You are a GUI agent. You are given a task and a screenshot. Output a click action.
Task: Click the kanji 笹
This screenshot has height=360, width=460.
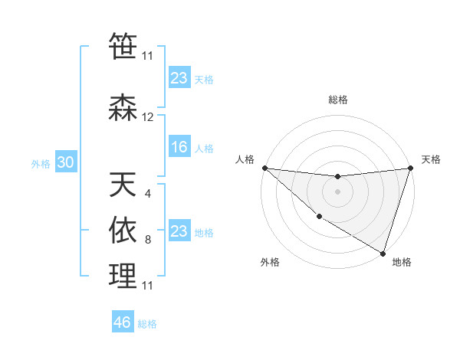point(123,45)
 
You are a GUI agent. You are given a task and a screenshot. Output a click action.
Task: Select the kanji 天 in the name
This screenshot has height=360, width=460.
point(123,184)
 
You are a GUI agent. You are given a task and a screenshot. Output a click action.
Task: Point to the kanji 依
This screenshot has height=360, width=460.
point(123,230)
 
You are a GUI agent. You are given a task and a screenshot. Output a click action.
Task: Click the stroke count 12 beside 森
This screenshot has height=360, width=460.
point(148,117)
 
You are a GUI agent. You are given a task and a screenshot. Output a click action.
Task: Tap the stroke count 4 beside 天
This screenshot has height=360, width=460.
point(147,194)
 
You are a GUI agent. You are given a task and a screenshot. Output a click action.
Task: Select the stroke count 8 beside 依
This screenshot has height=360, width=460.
point(147,240)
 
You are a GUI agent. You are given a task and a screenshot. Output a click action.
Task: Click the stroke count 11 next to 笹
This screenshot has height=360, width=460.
point(148,55)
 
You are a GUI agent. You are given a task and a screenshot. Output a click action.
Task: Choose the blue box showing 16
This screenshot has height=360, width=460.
point(179,148)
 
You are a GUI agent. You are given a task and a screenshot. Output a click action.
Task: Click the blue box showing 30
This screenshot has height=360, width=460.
point(65,162)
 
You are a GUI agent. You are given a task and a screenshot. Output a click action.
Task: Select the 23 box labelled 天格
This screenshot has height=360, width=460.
point(179,78)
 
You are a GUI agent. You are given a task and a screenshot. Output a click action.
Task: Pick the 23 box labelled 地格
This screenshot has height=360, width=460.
point(179,231)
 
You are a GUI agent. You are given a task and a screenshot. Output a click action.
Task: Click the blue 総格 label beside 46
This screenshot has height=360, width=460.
point(147,324)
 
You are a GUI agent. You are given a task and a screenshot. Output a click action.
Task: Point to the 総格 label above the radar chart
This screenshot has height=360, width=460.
point(337,100)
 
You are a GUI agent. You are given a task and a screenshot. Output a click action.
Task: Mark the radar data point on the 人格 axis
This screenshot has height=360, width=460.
point(264,167)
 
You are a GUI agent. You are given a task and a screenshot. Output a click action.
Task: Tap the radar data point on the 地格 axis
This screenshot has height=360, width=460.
point(382,253)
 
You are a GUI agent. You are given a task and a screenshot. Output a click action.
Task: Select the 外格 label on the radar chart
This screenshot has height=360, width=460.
point(269,262)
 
